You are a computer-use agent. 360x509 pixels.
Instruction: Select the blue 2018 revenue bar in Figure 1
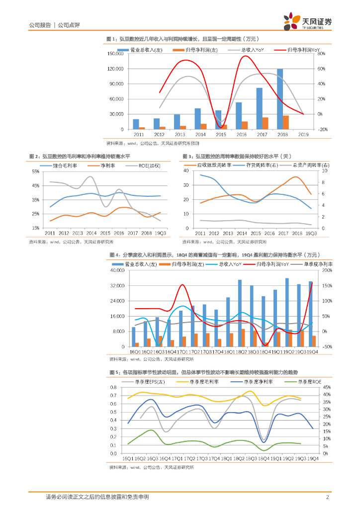[280, 99]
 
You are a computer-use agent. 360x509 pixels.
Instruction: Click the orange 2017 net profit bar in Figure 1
[266, 123]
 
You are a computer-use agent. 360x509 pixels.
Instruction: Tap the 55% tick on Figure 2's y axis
[35, 171]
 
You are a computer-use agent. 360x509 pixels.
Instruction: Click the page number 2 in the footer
[327, 497]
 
